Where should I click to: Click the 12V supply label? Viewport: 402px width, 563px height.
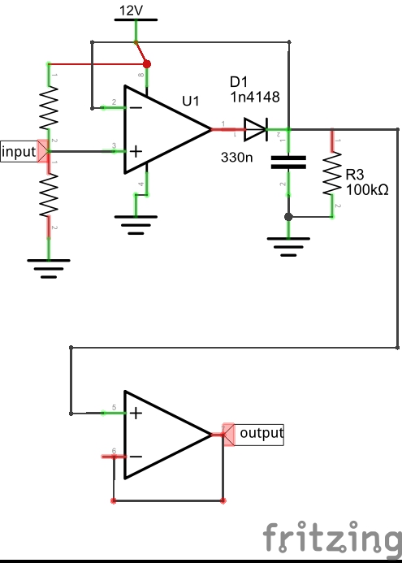tap(131, 11)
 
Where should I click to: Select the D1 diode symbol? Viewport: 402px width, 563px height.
tap(256, 129)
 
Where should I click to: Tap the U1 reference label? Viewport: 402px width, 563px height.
tap(191, 102)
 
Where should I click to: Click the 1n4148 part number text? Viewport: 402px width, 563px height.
tap(255, 97)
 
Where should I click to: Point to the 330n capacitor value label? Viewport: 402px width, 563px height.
tap(237, 157)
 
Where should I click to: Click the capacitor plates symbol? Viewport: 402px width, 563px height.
tap(288, 162)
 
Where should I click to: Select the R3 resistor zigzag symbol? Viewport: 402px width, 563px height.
tap(332, 173)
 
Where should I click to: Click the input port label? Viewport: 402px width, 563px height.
tap(19, 152)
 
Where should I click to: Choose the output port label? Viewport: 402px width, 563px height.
tap(262, 433)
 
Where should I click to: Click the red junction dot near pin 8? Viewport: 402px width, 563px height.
tap(147, 64)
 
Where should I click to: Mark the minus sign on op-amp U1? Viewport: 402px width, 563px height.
tap(136, 108)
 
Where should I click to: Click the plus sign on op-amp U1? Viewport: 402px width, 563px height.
tap(136, 152)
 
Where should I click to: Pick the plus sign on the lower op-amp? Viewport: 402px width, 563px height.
tap(136, 414)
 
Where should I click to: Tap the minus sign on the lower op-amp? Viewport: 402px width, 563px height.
tap(136, 457)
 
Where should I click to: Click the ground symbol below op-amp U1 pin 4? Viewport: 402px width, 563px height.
tap(136, 225)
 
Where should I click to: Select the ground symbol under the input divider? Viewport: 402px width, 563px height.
tap(49, 269)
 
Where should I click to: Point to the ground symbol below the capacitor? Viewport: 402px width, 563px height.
tap(288, 247)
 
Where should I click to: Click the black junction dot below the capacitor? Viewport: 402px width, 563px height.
tap(288, 217)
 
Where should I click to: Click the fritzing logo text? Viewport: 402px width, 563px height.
tap(332, 538)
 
